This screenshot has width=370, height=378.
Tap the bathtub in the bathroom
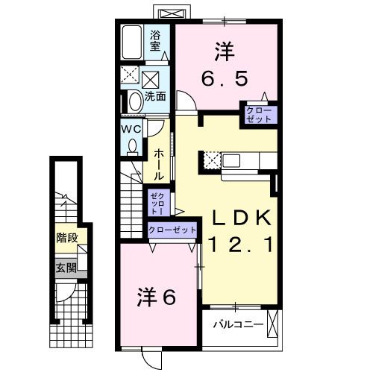[x=133, y=42]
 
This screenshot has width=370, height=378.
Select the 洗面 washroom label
[x=155, y=96]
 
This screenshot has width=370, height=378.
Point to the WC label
[x=132, y=128]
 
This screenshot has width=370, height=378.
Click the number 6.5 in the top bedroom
[x=225, y=77]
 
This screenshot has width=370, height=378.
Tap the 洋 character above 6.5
[x=225, y=51]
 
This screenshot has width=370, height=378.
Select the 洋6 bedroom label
[x=157, y=297]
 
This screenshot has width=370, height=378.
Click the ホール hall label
[x=159, y=163]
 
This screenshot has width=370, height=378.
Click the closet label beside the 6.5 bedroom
[x=260, y=115]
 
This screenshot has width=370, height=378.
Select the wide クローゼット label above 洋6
[x=172, y=230]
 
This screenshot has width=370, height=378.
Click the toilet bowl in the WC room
[x=133, y=147]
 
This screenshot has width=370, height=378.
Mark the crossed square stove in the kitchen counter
[x=210, y=159]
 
